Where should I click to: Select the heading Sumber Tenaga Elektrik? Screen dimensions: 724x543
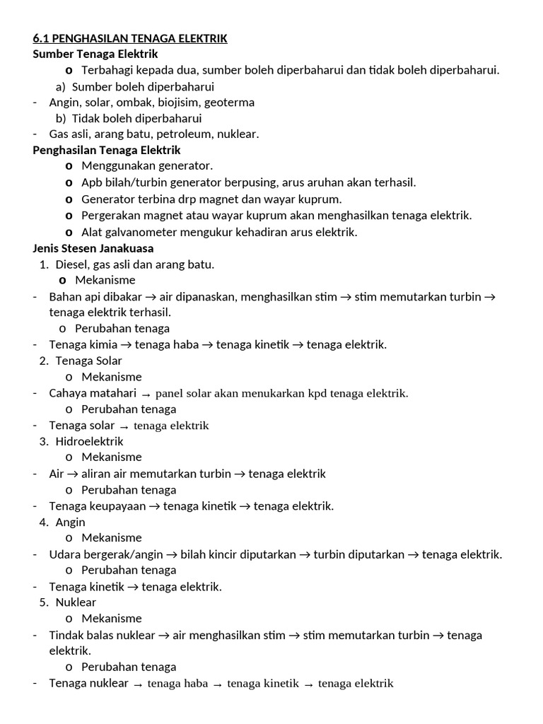(x=95, y=54)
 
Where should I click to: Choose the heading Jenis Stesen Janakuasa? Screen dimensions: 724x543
(x=93, y=248)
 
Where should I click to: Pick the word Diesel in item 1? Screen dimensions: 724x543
(x=71, y=264)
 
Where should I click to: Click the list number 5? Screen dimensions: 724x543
(x=44, y=602)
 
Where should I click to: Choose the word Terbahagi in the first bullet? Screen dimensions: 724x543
(x=108, y=70)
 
